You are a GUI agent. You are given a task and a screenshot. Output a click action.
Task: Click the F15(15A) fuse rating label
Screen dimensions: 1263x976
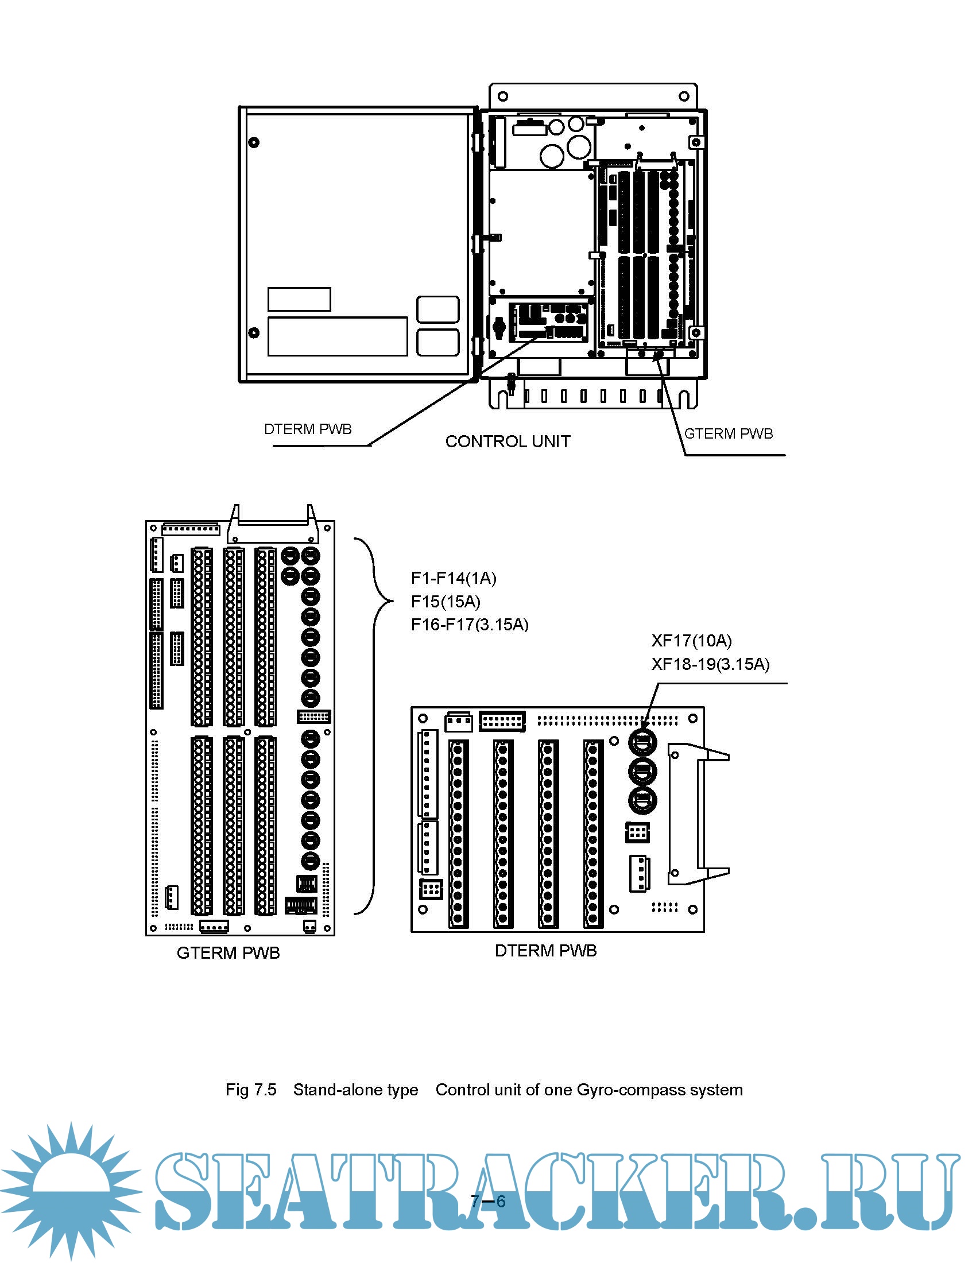445,602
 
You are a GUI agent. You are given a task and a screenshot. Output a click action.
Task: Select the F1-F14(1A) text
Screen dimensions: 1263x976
454,578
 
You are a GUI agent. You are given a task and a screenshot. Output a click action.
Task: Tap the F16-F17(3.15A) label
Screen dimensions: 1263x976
470,625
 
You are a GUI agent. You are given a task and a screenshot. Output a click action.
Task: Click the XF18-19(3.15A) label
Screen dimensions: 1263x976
710,664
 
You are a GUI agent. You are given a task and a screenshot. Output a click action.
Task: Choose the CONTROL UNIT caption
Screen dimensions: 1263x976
507,441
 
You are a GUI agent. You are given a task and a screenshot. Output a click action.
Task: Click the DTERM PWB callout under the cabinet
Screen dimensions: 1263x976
308,429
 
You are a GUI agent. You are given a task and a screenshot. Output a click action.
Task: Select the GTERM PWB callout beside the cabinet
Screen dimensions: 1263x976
728,433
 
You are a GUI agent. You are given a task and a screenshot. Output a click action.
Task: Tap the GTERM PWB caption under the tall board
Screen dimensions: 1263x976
228,953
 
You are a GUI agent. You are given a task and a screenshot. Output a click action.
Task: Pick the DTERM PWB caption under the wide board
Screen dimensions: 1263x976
545,951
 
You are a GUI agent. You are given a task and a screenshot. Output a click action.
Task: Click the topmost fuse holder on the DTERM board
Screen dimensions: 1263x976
642,741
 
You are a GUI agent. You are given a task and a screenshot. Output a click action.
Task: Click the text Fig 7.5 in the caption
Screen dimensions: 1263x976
251,1090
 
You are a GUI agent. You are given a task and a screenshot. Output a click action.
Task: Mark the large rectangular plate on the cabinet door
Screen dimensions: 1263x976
337,336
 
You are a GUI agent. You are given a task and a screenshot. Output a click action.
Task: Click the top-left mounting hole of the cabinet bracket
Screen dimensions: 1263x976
502,96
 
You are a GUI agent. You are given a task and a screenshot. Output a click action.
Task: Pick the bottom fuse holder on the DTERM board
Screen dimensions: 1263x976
642,800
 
